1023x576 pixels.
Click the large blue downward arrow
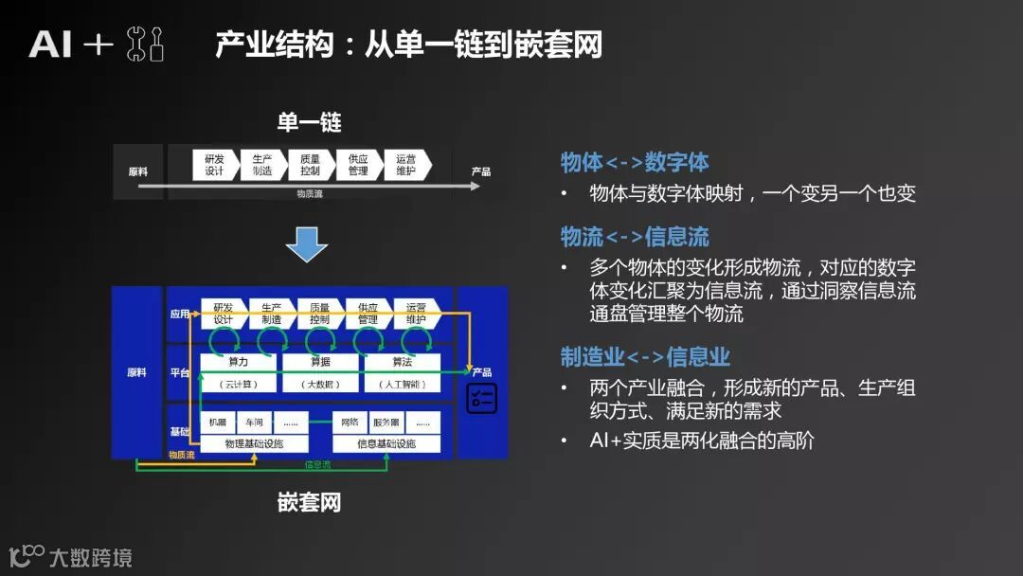tap(306, 243)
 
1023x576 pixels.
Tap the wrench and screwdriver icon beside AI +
tap(145, 45)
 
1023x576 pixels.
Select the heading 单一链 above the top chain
tap(309, 122)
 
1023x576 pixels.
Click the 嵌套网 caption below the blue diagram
tap(309, 502)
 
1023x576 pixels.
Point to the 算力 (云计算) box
tap(238, 372)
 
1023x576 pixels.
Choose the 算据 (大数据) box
tap(320, 372)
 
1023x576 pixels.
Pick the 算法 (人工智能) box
tap(403, 372)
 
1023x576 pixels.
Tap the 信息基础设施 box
tap(386, 443)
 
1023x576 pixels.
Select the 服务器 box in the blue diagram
tap(386, 423)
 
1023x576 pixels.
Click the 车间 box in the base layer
tap(255, 423)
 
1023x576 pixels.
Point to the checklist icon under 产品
tap(481, 398)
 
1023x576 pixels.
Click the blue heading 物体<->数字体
tap(634, 162)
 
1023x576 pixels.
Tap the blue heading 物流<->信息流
tap(634, 237)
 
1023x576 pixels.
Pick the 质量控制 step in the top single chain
tap(311, 165)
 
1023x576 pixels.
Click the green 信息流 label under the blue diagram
tap(317, 464)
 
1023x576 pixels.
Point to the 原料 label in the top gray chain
tap(138, 172)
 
